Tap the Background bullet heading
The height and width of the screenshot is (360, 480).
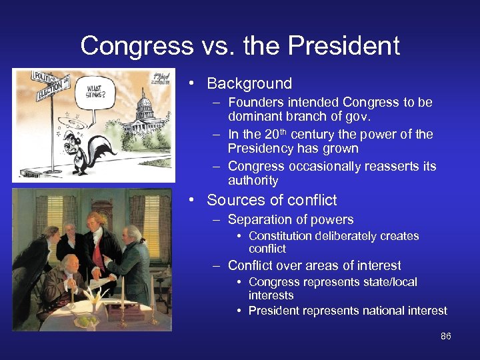point(249,83)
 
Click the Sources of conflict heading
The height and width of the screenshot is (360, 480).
point(271,200)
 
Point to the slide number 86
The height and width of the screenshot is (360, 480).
point(446,336)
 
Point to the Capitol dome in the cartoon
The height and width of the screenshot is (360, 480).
point(145,103)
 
